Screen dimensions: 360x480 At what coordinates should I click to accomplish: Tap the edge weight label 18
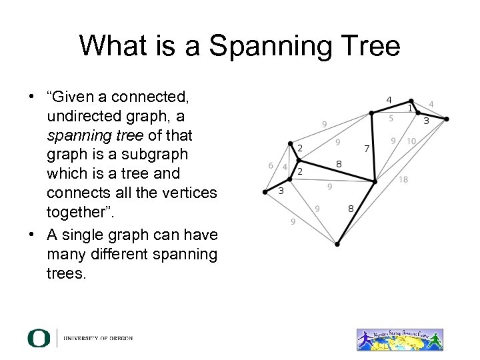pos(403,179)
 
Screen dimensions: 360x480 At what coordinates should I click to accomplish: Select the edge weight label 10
pos(411,141)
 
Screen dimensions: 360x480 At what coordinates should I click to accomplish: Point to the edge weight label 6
pos(270,165)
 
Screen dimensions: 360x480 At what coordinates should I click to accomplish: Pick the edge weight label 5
pos(391,118)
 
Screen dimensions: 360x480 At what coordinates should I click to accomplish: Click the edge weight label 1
pos(411,108)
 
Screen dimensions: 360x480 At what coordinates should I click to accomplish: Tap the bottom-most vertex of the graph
pos(337,245)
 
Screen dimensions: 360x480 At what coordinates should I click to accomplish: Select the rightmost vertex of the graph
pos(447,121)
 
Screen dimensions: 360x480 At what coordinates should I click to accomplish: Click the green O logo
pos(39,338)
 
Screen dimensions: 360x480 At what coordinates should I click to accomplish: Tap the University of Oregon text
pos(98,339)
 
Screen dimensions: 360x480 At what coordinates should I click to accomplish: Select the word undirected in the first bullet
pos(84,116)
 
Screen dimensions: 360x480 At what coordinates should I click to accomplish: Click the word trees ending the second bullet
pos(66,273)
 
